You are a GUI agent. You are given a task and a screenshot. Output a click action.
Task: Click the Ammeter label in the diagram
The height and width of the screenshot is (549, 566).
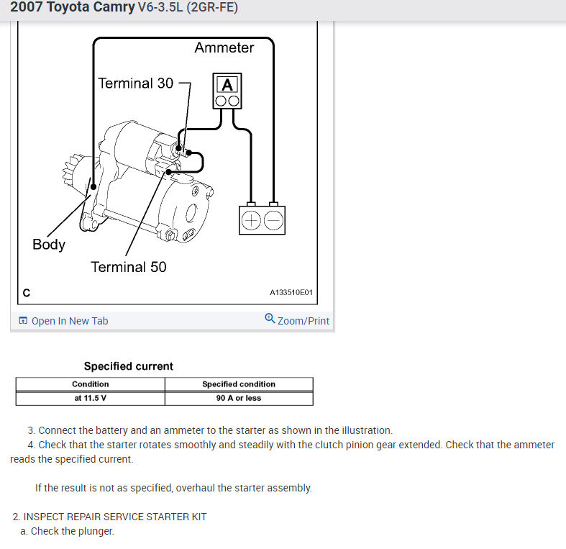point(224,48)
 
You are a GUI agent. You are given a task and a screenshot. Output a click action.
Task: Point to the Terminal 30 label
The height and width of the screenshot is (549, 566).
point(136,83)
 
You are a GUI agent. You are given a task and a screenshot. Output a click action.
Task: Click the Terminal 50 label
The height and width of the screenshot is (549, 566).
point(128,267)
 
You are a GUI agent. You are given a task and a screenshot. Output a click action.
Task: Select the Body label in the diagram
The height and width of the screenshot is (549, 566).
point(49,245)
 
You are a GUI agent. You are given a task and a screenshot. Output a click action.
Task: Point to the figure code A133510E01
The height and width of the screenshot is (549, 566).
point(291,293)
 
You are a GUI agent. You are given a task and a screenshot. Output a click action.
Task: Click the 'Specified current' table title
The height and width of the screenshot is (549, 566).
point(129,366)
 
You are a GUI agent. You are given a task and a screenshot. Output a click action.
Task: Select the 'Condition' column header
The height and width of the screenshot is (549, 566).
point(91,384)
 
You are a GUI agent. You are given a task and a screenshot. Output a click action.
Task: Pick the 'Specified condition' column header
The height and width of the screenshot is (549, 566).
point(239,384)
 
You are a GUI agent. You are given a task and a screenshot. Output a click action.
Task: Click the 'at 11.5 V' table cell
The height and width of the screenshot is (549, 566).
point(91,398)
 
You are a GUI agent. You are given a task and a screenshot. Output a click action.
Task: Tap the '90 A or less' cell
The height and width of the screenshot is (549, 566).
point(239,398)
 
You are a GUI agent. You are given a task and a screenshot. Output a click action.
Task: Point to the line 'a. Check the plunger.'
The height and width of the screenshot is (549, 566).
point(67,532)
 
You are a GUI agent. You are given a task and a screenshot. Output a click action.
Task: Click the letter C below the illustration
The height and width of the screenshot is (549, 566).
point(27,292)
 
